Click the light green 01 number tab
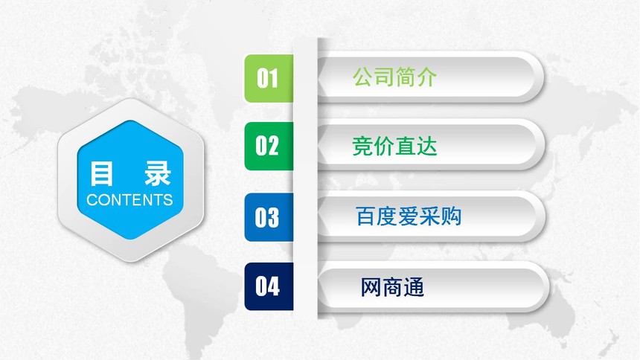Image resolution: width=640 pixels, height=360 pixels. tap(269, 78)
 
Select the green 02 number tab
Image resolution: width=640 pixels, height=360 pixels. tap(269, 146)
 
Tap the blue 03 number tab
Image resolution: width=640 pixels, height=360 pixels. tap(269, 217)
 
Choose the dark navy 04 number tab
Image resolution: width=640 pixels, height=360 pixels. tap(269, 286)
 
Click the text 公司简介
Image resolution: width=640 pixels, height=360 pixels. tap(394, 77)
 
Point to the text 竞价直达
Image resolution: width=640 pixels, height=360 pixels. tap(394, 146)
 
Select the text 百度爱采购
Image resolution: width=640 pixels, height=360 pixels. tap(409, 216)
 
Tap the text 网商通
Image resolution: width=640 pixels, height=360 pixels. tap(393, 287)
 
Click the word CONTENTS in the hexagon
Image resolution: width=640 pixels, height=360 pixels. tap(129, 200)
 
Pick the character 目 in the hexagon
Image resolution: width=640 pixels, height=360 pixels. tap(101, 173)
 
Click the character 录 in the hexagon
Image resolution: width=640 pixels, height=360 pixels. tap(158, 173)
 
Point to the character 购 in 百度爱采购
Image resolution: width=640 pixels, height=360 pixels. tap(451, 216)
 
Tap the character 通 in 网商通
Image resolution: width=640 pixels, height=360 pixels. tap(415, 287)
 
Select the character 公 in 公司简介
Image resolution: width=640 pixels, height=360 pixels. tap(363, 77)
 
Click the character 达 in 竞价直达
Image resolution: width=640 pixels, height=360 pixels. tap(427, 146)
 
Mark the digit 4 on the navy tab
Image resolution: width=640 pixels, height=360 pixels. tap(273, 286)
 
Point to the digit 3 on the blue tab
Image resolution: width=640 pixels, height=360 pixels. tap(273, 217)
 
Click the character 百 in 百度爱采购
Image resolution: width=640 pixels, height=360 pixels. tap(365, 216)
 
